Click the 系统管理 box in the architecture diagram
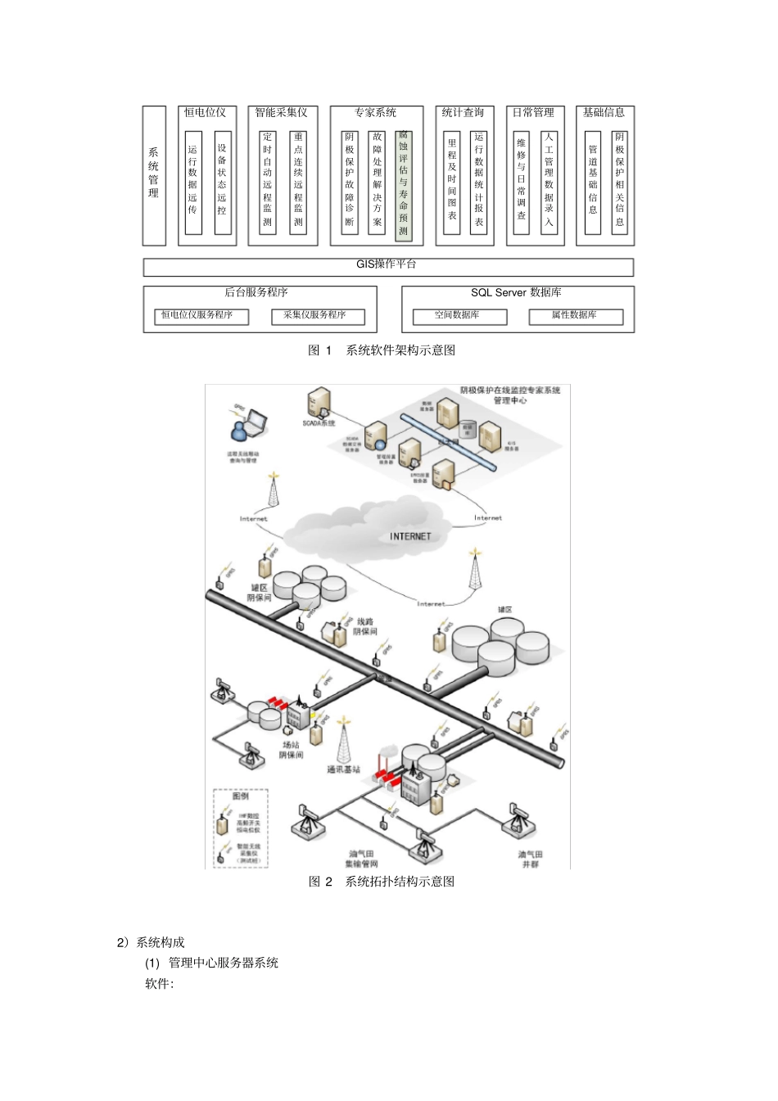154,175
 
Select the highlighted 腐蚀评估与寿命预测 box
403,185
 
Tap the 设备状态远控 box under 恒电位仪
222,182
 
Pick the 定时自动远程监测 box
268,182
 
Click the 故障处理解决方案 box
377,182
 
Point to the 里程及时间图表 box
452,182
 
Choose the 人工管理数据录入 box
549,182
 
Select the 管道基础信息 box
593,182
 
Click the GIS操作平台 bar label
387,264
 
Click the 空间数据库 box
459,316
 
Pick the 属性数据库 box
576,316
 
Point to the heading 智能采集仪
281,113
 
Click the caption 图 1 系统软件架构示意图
382,350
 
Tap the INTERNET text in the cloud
410,536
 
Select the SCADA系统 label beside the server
319,423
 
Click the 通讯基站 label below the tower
344,769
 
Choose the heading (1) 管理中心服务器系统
212,963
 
